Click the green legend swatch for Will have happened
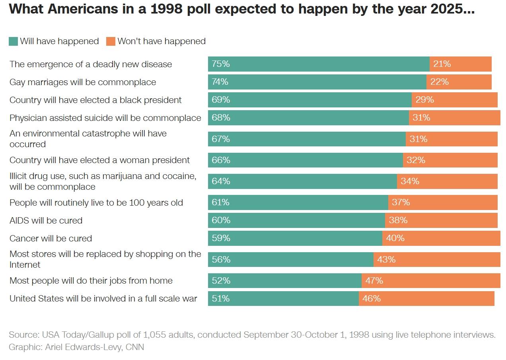coord(13,41)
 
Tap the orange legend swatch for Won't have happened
coord(111,41)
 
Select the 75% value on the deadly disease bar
coord(221,64)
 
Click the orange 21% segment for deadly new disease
coord(461,64)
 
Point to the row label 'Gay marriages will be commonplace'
coord(83,82)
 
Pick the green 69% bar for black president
coord(309,100)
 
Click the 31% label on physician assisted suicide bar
coord(421,118)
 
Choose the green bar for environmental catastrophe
coord(307,139)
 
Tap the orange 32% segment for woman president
coord(450,160)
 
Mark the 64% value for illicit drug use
coord(221,181)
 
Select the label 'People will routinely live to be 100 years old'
coord(96,203)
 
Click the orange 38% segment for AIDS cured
coord(441,220)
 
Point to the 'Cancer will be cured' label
coord(51,239)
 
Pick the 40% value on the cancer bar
coord(395,238)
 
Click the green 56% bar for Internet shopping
coord(290,259)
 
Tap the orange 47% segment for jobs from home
coord(431,280)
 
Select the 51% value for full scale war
coord(220,298)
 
